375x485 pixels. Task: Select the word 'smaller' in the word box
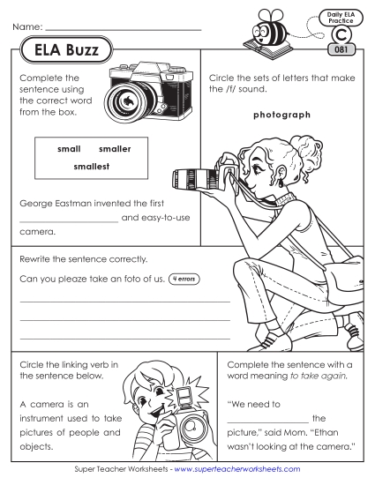click(115, 148)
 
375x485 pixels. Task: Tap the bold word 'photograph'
click(281, 115)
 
